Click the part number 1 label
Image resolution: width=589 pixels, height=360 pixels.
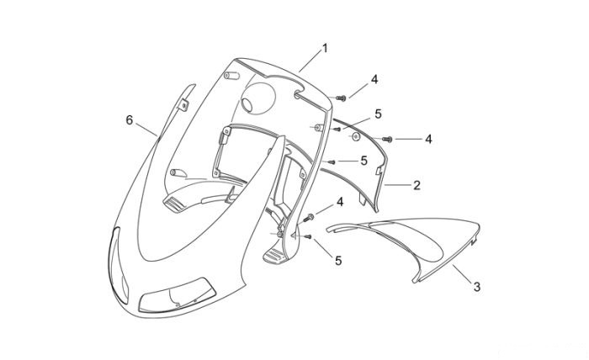[x=325, y=49]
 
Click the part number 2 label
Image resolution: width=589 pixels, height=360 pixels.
[x=417, y=185]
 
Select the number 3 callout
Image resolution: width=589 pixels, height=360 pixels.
[x=477, y=287]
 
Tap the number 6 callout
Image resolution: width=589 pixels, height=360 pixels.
[x=130, y=120]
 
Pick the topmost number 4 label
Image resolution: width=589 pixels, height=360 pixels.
[x=374, y=80]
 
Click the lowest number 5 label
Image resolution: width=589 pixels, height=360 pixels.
[x=338, y=261]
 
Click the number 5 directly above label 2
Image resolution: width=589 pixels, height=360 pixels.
[x=363, y=161]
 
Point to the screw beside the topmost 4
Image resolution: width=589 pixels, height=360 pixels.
[x=341, y=98]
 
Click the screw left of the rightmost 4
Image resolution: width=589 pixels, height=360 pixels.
[x=387, y=140]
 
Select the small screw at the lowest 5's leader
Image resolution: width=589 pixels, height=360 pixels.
[x=308, y=236]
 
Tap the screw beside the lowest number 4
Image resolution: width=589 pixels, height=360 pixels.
[x=310, y=217]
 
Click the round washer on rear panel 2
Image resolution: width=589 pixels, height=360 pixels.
[x=356, y=136]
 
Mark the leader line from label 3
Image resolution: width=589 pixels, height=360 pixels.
[x=463, y=273]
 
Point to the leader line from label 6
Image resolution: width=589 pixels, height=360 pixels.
[x=146, y=130]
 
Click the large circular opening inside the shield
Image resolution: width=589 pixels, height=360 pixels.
[x=257, y=98]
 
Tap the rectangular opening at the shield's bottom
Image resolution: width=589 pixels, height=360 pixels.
[x=178, y=296]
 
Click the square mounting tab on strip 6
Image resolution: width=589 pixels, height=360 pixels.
[x=183, y=105]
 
